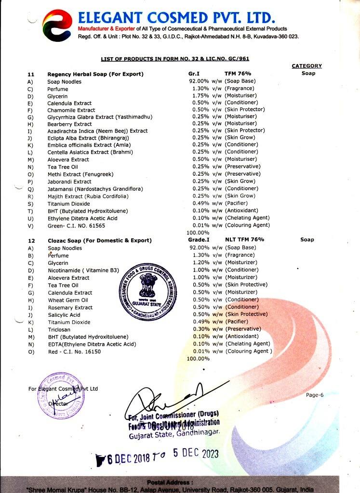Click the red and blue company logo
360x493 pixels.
tap(57, 26)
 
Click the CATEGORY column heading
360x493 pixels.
tap(307, 66)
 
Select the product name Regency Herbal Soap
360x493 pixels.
tap(95, 74)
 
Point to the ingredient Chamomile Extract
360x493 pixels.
tap(71, 110)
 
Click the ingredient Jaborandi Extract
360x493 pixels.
tap(69, 182)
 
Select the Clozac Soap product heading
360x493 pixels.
tap(99, 240)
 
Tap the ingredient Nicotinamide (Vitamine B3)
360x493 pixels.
tap(83, 270)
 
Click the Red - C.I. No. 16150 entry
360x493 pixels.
tap(75, 351)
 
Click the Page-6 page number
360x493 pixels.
tap(315, 395)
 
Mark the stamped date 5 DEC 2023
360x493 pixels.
tap(190, 454)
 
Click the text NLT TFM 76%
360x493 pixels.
tap(245, 240)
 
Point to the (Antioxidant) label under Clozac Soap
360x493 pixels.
tap(241, 337)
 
